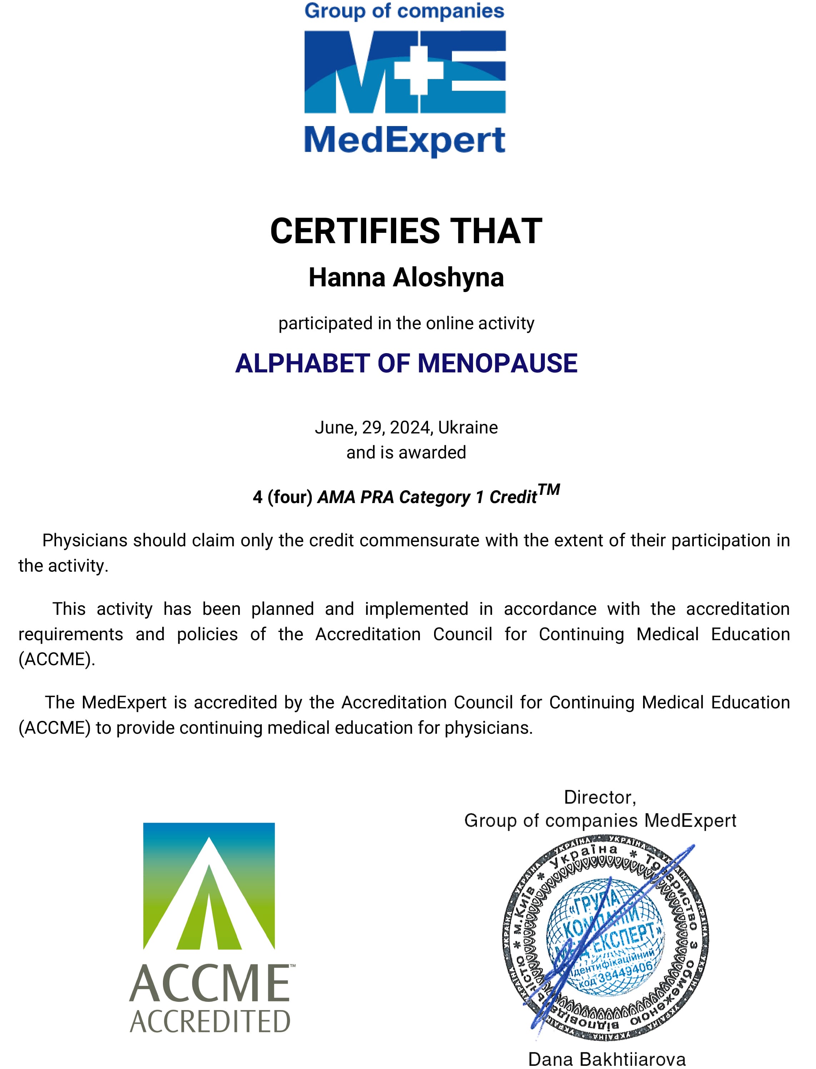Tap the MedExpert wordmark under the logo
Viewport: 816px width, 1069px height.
point(404,141)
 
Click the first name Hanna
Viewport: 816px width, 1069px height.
point(347,278)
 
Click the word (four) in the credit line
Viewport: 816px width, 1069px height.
point(290,497)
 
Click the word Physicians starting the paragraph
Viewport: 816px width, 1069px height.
point(85,541)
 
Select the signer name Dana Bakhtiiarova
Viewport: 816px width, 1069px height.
point(607,1059)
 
